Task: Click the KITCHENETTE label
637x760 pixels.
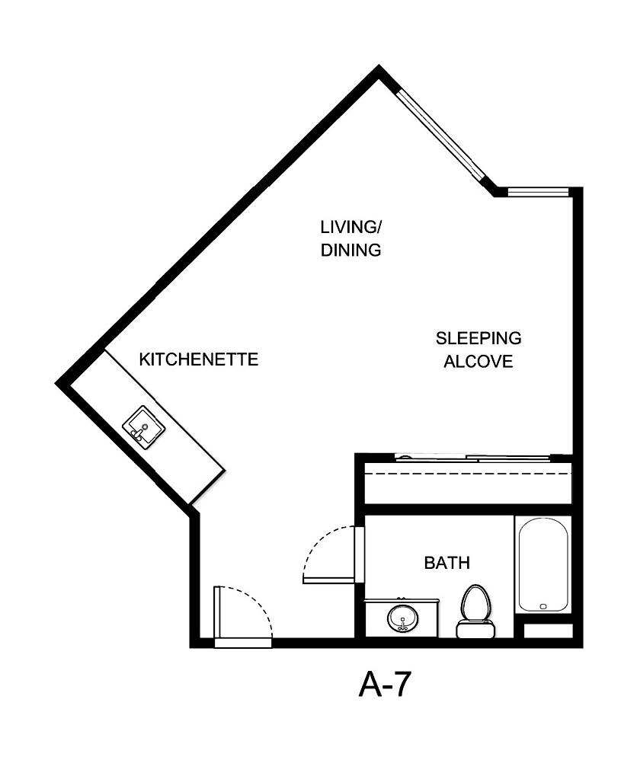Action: pos(199,359)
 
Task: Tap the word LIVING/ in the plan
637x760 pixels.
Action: pos(350,227)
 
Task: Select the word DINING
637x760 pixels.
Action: pos(351,250)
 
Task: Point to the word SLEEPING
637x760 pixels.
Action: pos(479,337)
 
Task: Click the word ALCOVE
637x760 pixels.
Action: pos(479,361)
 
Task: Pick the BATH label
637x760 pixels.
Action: pos(447,564)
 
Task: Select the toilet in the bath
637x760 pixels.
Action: pos(475,605)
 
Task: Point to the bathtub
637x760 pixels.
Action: pos(543,564)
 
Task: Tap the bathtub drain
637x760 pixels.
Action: pos(543,607)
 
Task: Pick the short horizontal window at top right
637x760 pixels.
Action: pos(538,192)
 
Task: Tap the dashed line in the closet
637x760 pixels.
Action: pos(468,474)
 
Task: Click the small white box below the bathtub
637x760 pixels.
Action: pos(548,631)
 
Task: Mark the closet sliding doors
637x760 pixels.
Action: pos(472,458)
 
